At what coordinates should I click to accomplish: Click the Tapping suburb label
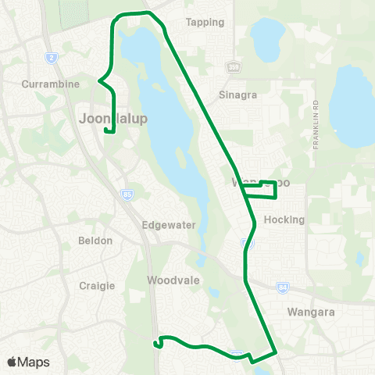[x=205, y=22]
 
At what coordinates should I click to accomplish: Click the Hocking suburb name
[x=284, y=220]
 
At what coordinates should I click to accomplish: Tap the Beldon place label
[x=96, y=241]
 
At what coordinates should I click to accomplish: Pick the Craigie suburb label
[x=98, y=286]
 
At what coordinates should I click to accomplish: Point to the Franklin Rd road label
[x=316, y=125]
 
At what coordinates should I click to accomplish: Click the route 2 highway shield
[x=52, y=57]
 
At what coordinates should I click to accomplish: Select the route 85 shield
[x=127, y=193]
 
